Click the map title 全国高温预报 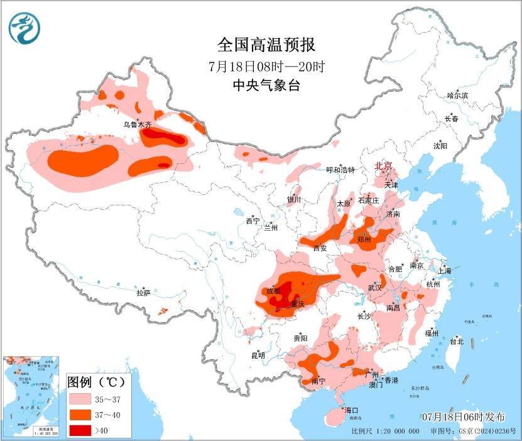266,45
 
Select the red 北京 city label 383,166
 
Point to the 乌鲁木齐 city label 138,125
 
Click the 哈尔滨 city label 457,95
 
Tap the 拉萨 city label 144,293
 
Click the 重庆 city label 297,304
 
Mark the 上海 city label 444,271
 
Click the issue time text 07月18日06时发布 463,417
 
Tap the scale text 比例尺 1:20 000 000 385,432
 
